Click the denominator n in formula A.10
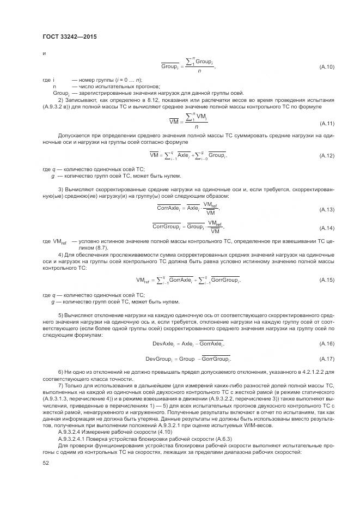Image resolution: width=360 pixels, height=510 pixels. [x=199, y=70]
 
